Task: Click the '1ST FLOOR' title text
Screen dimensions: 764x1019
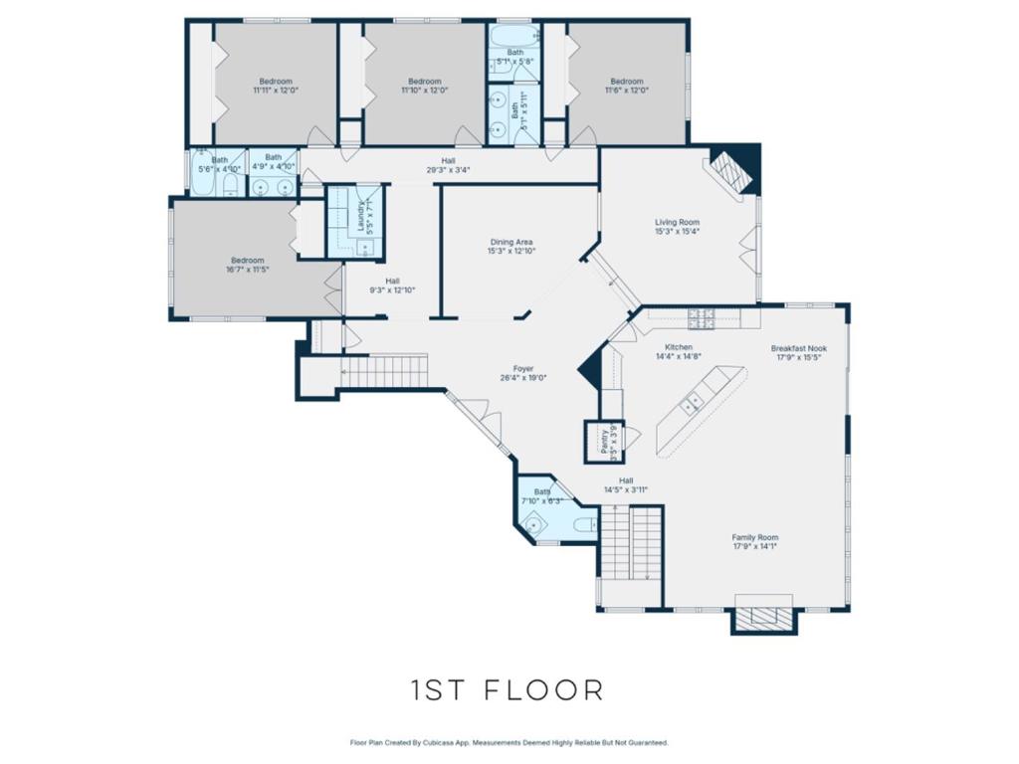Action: click(x=508, y=689)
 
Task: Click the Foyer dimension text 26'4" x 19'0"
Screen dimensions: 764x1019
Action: click(x=523, y=378)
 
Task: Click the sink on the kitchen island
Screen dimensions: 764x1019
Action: click(x=689, y=403)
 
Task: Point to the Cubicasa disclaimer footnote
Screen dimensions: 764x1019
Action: click(x=509, y=742)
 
